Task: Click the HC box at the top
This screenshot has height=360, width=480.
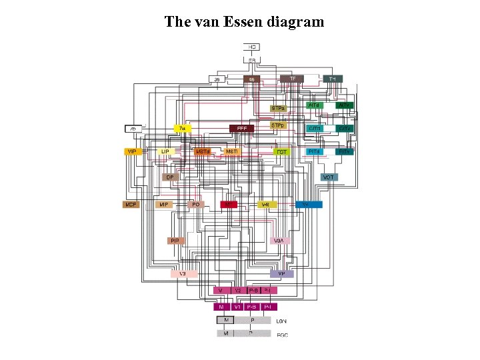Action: click(252, 47)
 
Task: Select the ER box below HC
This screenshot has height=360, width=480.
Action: click(252, 61)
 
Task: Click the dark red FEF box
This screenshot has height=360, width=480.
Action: click(241, 128)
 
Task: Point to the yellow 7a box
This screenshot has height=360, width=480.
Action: click(181, 128)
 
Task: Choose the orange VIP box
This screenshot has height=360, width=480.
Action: click(132, 152)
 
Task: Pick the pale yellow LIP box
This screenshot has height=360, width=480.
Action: click(166, 152)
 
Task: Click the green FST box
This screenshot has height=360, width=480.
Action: click(282, 152)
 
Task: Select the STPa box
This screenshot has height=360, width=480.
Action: click(278, 108)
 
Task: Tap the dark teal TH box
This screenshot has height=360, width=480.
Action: click(333, 79)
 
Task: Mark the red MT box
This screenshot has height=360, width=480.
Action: click(229, 204)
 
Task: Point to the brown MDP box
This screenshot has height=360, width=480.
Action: click(131, 205)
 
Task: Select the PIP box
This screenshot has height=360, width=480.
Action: click(175, 241)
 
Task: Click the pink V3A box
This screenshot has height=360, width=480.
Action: click(279, 241)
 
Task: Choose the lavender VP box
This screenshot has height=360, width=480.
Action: click(281, 274)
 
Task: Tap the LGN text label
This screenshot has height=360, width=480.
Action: click(283, 321)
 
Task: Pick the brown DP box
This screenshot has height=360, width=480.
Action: click(171, 177)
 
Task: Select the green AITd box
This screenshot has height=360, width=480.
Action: click(314, 105)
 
